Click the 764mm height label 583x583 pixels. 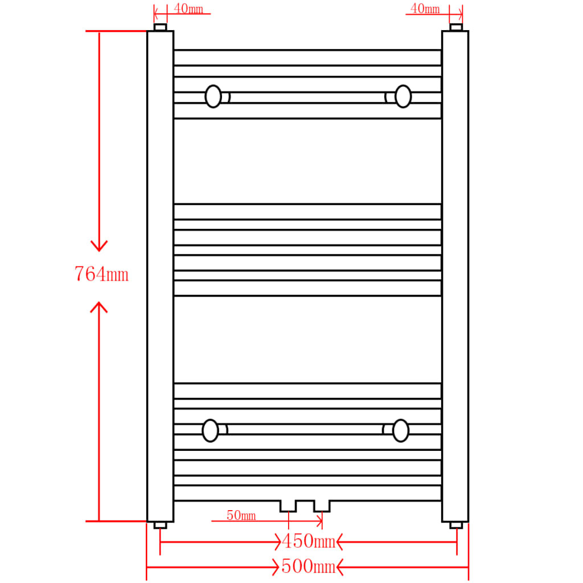tap(101, 274)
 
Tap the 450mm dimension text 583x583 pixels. tap(308, 541)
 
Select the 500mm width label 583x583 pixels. tap(308, 567)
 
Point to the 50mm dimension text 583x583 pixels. tap(241, 516)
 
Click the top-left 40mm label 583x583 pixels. tap(188, 9)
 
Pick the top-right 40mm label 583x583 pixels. tap(425, 9)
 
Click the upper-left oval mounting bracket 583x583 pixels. tap(214, 96)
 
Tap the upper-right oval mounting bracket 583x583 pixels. tap(403, 96)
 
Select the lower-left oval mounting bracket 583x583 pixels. tap(211, 430)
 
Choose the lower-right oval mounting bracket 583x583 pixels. tap(401, 430)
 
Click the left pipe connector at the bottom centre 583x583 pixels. tap(288, 506)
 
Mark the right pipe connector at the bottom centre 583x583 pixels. tap(322, 506)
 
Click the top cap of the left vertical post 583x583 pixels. tap(160, 27)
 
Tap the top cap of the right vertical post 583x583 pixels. tap(456, 27)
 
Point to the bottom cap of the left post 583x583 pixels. tap(160, 525)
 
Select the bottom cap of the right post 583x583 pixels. tap(456, 525)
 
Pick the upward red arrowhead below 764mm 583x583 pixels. tap(99, 307)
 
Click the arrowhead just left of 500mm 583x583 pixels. tap(276, 567)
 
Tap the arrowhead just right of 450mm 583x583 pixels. tap(340, 541)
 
